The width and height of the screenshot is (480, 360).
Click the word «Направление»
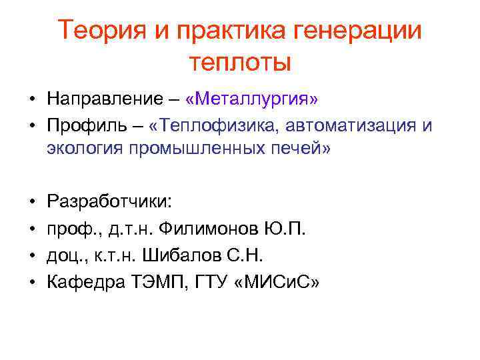point(104,100)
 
